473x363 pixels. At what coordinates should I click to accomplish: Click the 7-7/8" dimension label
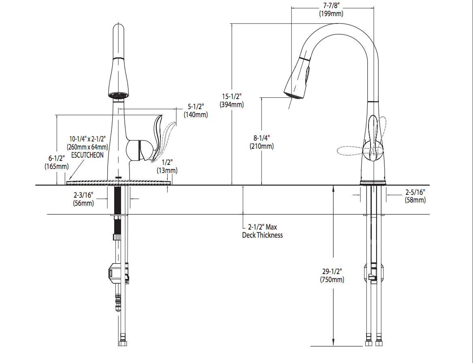(x=331, y=6)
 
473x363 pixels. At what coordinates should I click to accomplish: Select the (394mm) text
(x=232, y=105)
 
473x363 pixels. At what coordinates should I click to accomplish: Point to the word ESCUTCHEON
(x=87, y=155)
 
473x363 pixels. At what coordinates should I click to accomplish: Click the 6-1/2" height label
(x=56, y=158)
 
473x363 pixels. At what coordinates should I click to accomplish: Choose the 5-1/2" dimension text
(x=196, y=106)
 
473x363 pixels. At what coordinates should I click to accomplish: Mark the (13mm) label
(x=167, y=170)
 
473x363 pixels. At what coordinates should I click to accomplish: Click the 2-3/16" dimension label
(x=83, y=195)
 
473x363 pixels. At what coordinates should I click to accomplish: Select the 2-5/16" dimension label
(x=415, y=192)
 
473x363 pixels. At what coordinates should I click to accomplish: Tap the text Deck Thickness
(x=262, y=235)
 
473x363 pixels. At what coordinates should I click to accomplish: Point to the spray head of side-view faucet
(x=298, y=79)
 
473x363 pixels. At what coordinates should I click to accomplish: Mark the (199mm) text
(x=331, y=14)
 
